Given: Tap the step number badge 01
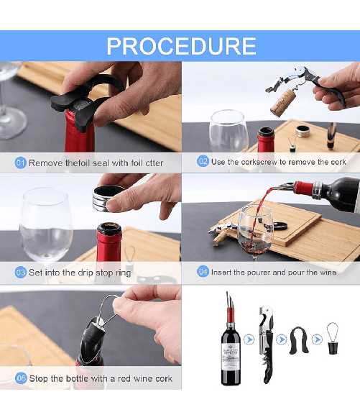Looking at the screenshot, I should click(21, 163).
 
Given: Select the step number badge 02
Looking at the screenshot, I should click(203, 163).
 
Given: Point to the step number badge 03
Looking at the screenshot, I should click(21, 273).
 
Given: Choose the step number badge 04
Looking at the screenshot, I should click(203, 273).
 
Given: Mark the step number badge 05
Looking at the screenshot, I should click(21, 378).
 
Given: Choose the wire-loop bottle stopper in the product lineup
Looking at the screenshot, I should click(332, 339).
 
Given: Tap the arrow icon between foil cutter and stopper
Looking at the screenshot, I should click(315, 339).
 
